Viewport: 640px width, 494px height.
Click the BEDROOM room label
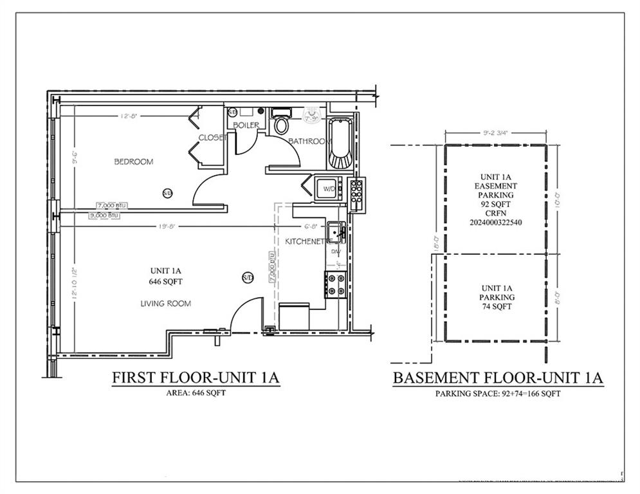point(134,161)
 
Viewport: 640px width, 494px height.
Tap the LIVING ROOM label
point(167,303)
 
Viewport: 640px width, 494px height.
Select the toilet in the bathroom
point(281,123)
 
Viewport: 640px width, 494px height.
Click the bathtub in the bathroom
point(340,142)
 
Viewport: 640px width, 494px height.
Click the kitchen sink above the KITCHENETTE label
point(335,230)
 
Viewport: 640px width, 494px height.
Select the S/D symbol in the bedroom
point(167,192)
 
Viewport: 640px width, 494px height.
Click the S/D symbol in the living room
point(248,277)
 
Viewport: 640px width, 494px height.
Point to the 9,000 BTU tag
point(104,215)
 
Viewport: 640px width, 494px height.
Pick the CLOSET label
point(212,137)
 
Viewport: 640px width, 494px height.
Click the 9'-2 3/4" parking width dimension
point(496,134)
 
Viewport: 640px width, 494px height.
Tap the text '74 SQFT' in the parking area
point(497,307)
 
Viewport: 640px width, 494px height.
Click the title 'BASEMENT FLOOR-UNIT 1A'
point(498,378)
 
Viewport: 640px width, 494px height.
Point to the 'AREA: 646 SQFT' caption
point(195,392)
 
